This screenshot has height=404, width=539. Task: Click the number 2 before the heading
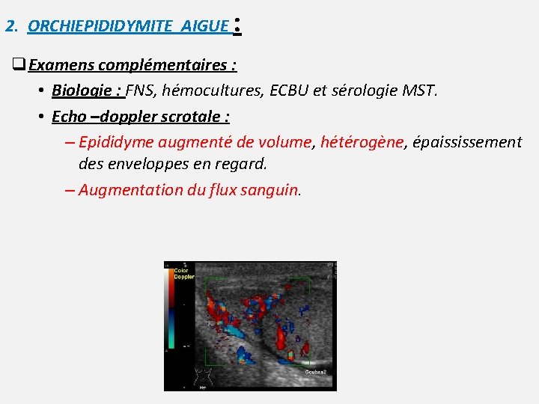point(10,26)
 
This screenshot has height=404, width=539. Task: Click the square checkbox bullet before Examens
point(19,65)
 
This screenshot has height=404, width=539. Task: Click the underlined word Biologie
point(84,91)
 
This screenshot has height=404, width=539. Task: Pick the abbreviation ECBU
point(289,91)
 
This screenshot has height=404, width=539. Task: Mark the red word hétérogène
point(362,142)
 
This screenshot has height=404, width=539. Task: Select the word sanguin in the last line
point(268,190)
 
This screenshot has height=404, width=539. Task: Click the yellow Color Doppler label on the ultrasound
point(184,274)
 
